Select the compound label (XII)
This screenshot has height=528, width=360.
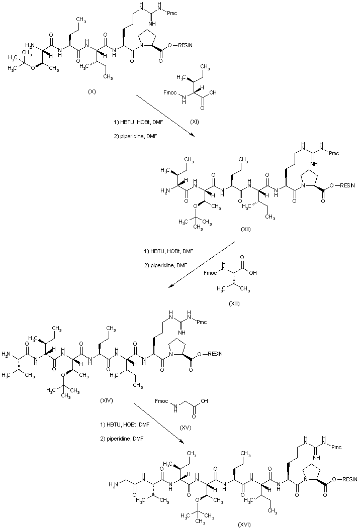[246, 230]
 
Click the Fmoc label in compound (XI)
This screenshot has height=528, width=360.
[170, 93]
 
